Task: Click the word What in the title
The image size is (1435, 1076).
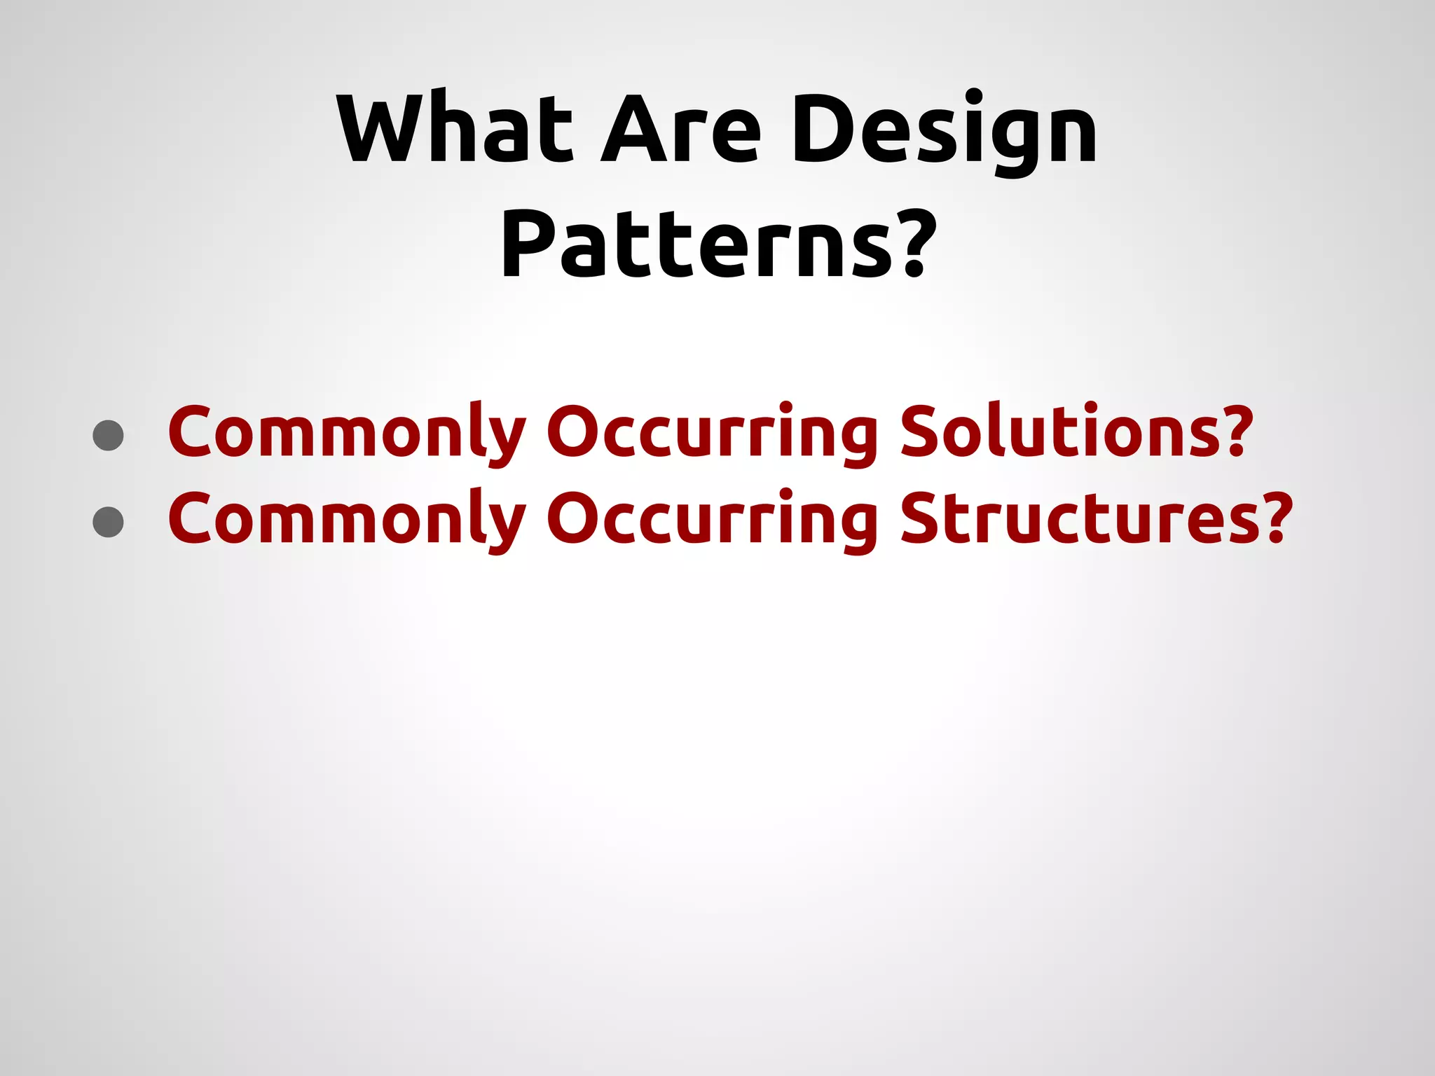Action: (x=455, y=130)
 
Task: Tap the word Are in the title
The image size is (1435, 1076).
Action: (x=680, y=130)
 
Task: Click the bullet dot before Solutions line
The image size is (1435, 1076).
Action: (x=109, y=436)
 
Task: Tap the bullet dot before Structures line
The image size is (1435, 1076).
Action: (x=109, y=522)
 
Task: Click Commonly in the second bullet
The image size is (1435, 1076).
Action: (x=347, y=519)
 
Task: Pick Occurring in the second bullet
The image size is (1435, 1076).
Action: (x=711, y=519)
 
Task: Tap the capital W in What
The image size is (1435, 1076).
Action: (x=382, y=130)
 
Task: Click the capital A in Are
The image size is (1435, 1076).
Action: (x=634, y=130)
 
